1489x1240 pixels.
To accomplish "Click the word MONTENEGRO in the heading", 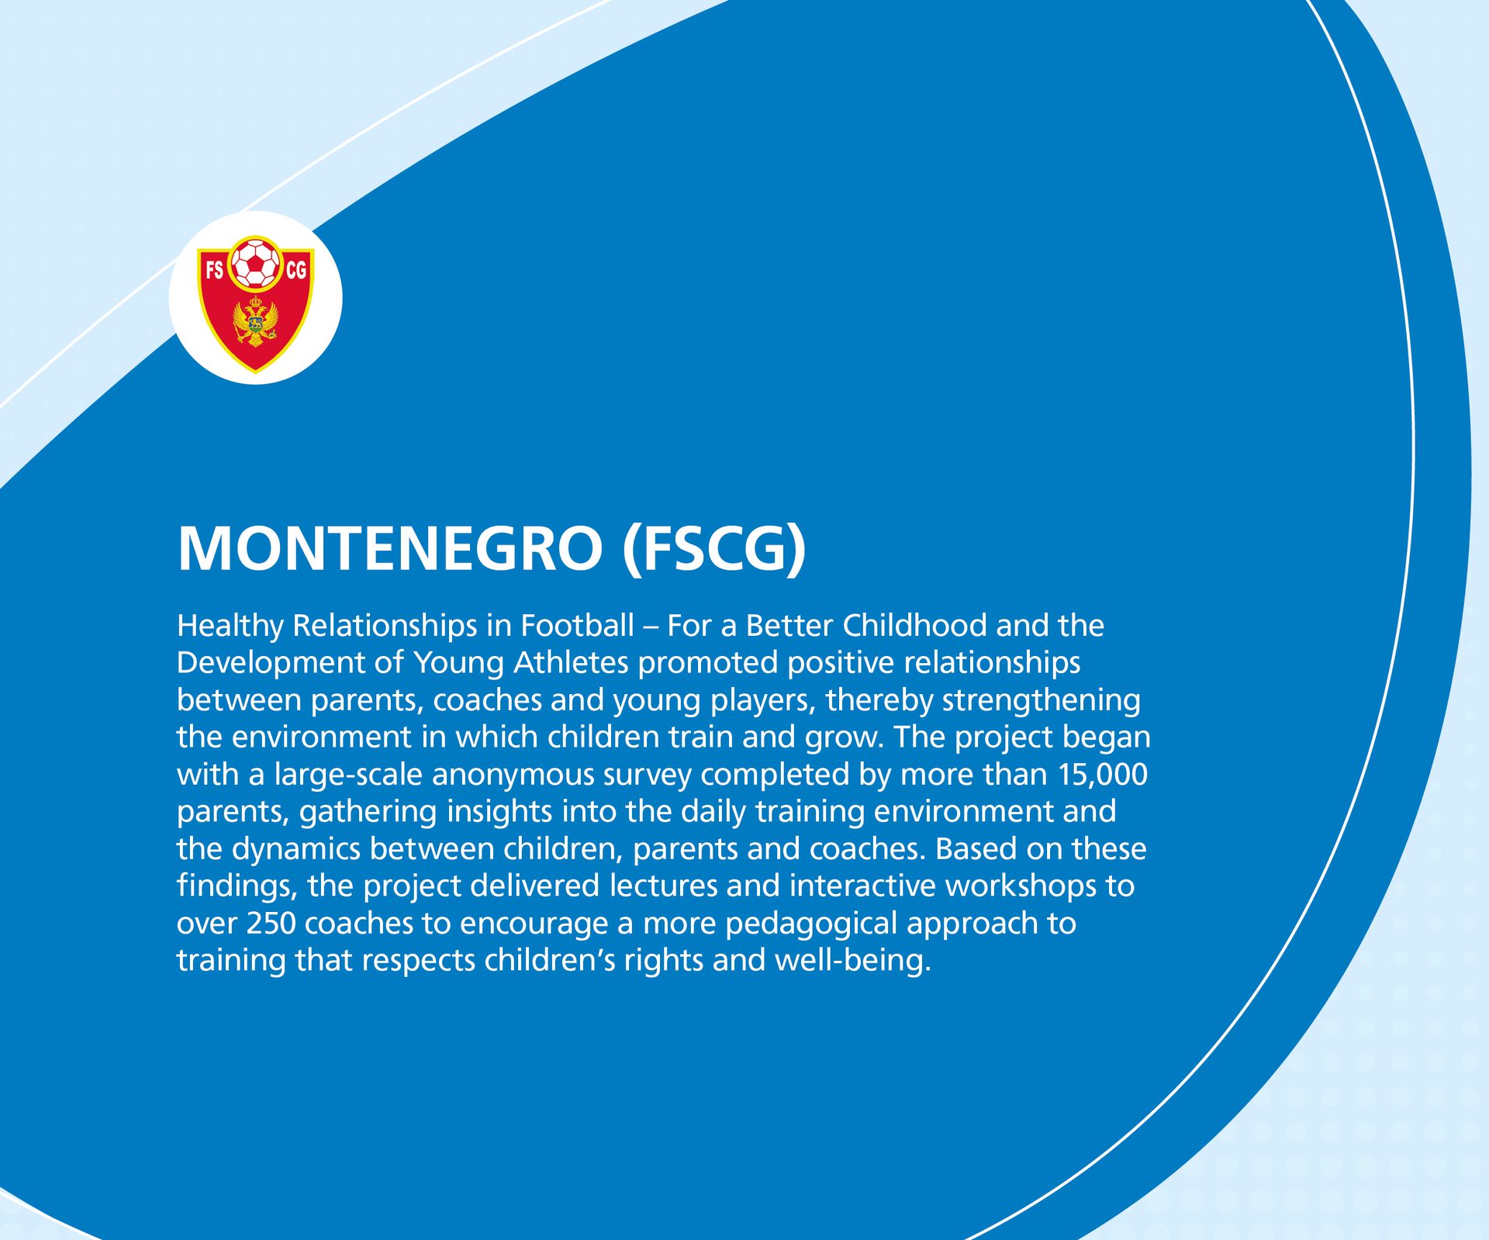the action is (390, 548).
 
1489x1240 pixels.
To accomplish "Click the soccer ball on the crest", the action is (255, 263).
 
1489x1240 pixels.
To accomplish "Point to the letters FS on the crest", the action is (214, 270).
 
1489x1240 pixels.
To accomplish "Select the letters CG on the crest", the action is (296, 270).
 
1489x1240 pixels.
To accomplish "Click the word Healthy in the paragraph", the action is (230, 627).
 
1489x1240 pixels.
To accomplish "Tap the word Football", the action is (577, 625).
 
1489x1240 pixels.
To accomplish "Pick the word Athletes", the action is (571, 662).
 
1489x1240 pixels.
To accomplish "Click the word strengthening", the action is (1041, 701).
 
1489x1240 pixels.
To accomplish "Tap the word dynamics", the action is (295, 850).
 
